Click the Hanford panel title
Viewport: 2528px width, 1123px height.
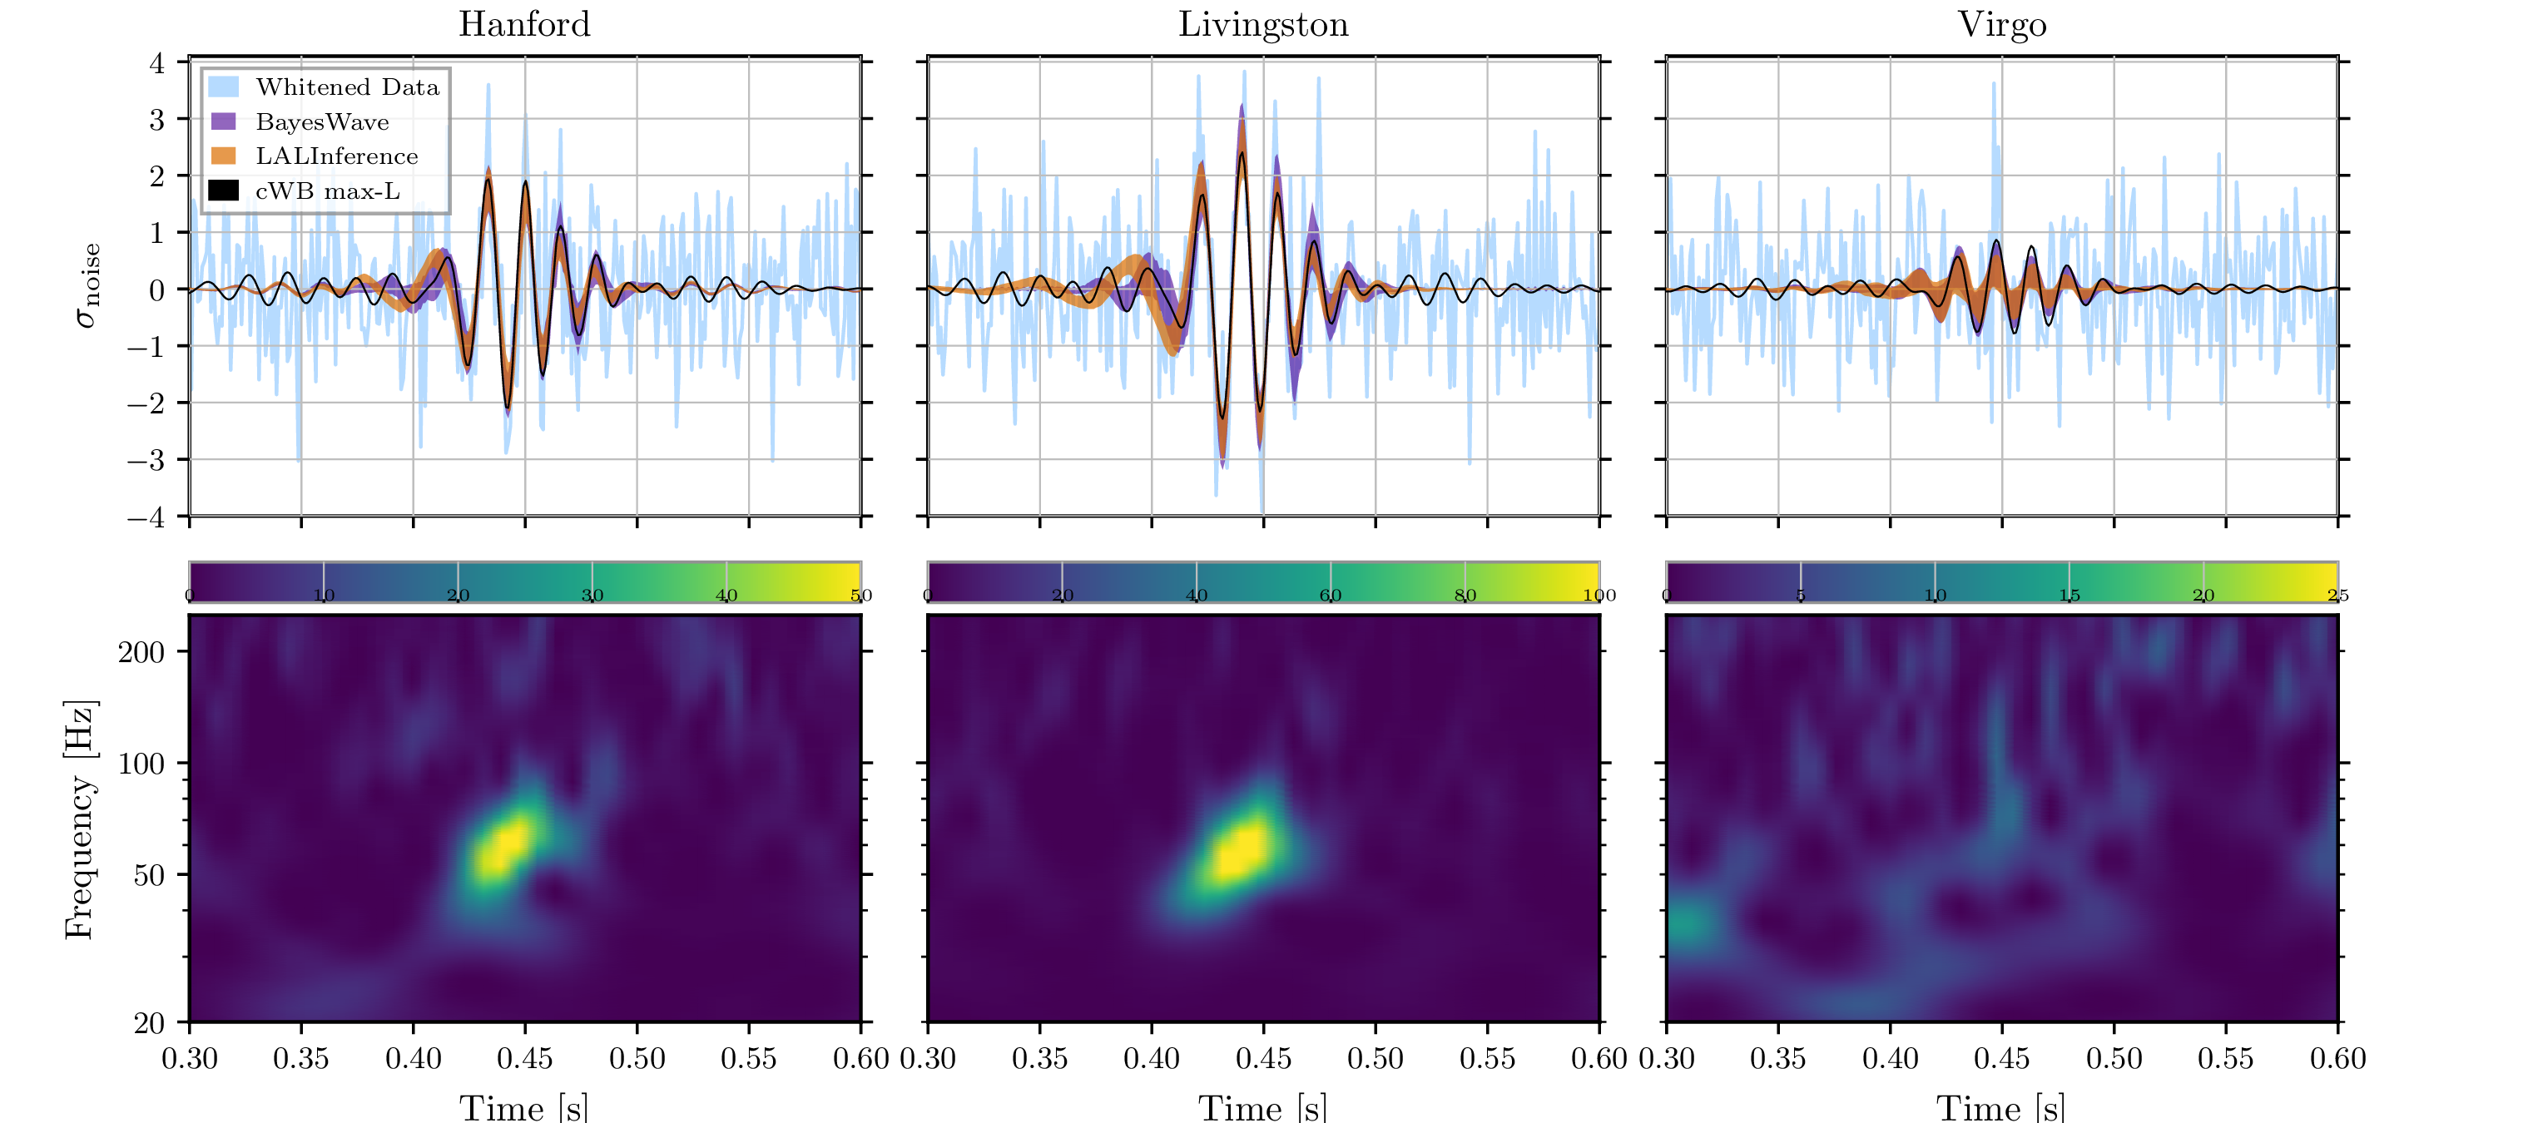(x=524, y=23)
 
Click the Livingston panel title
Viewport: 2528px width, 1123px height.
(x=1263, y=23)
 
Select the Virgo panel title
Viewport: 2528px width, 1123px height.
(x=2002, y=23)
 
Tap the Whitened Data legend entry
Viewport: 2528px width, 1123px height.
(x=346, y=87)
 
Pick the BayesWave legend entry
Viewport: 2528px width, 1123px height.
(x=322, y=121)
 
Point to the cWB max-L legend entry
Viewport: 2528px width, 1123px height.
(x=327, y=191)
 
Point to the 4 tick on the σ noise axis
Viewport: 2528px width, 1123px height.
(x=157, y=64)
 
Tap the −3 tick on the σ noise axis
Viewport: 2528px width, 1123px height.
(x=148, y=459)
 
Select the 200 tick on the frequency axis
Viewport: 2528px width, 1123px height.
(x=141, y=652)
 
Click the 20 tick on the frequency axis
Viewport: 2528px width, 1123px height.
(x=149, y=1023)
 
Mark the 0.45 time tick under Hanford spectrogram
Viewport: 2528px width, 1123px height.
(x=524, y=1058)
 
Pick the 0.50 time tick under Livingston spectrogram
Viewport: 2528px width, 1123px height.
(x=1375, y=1058)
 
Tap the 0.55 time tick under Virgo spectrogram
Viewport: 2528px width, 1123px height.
(x=2226, y=1058)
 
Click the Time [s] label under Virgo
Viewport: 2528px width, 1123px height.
(x=2001, y=1107)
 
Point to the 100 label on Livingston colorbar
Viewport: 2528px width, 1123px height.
(x=1599, y=596)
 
